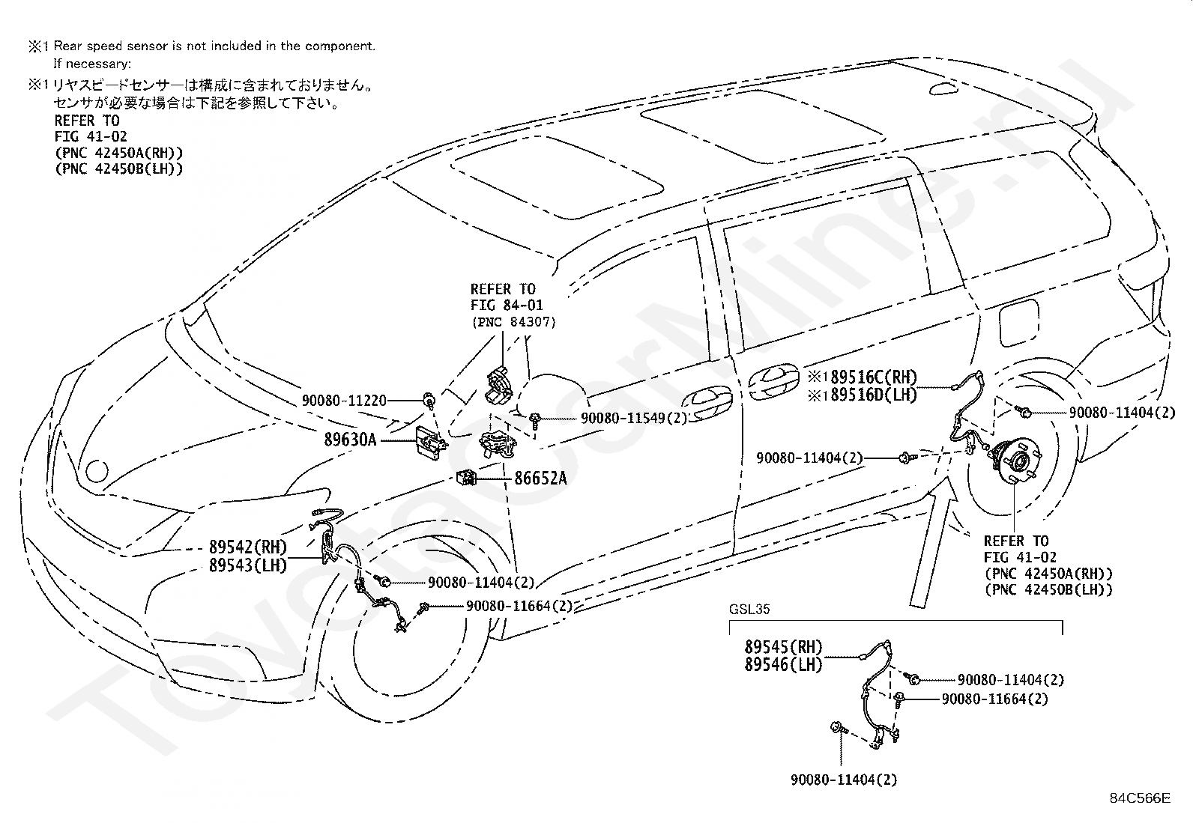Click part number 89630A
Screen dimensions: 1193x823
pos(350,440)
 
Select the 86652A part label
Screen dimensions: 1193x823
pos(540,479)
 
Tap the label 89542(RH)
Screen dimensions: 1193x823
pos(247,547)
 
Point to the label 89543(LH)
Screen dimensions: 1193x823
pos(247,565)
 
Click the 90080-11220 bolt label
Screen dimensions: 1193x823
pos(344,401)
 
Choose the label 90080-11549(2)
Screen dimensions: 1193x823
pos(634,418)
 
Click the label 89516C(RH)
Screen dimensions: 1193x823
pos(874,377)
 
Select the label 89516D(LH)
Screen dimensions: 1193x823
pos(874,395)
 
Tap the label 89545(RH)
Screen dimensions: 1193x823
pos(783,647)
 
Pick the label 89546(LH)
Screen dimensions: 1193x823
pos(783,664)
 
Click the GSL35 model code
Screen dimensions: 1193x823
pos(749,609)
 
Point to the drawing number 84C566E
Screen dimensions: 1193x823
pos(1141,798)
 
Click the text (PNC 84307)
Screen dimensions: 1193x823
pos(513,322)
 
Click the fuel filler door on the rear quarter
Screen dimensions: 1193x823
pos(1019,323)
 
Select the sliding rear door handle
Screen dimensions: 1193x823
pos(774,380)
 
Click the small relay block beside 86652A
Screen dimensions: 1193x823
pos(466,478)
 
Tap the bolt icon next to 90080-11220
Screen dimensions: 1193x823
pos(429,400)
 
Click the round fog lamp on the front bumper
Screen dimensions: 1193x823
pos(97,470)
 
